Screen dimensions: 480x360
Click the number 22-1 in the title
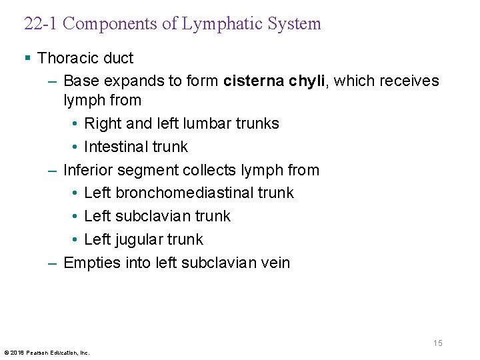click(40, 24)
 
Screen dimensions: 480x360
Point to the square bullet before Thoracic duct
click(27, 58)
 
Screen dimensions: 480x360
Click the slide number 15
click(437, 343)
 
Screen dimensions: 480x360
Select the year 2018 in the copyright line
click(15, 352)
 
